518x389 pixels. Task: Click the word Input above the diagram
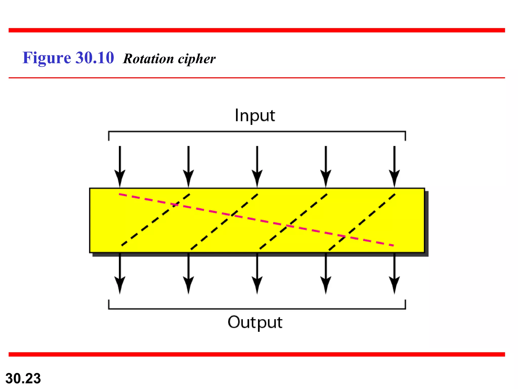click(x=255, y=116)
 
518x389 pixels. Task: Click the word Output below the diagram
click(x=255, y=322)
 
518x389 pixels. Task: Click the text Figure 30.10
click(x=68, y=58)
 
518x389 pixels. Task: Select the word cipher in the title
click(x=197, y=59)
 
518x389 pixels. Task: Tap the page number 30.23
click(x=23, y=378)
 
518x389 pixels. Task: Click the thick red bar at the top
click(x=256, y=30)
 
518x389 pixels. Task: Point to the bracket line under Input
click(x=256, y=132)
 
